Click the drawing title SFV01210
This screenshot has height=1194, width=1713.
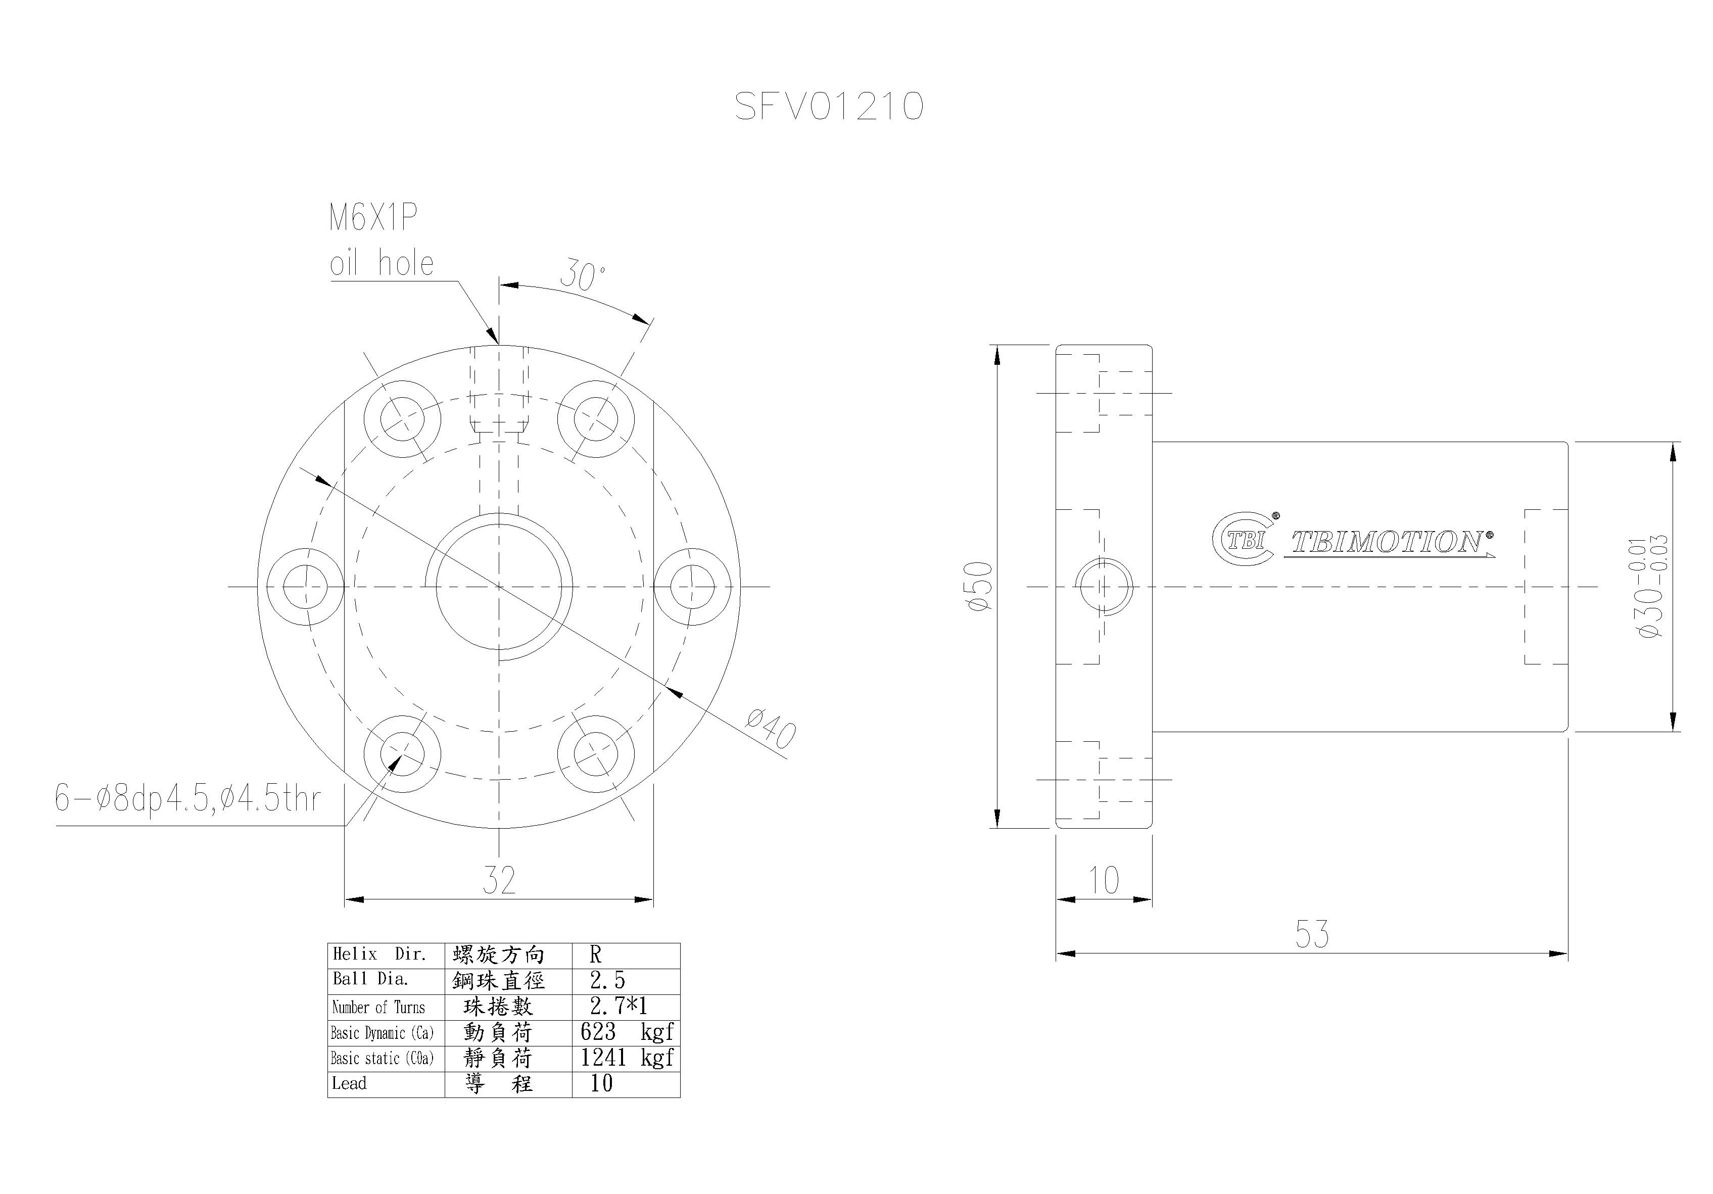(x=829, y=106)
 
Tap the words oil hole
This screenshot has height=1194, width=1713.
(x=381, y=263)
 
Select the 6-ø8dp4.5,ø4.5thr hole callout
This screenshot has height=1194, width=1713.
(x=187, y=798)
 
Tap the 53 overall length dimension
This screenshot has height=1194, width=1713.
(x=1312, y=934)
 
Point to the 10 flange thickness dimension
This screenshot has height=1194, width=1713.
(x=1104, y=881)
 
